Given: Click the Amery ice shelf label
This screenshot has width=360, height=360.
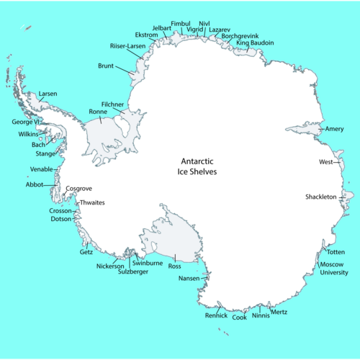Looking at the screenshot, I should pyautogui.click(x=335, y=130).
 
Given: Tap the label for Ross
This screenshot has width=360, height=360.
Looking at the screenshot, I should pyautogui.click(x=174, y=266).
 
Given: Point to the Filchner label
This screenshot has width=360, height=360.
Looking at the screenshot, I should pyautogui.click(x=113, y=104).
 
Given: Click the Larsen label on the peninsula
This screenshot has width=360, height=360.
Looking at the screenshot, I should pyautogui.click(x=48, y=94).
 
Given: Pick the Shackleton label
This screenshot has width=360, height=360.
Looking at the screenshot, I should pyautogui.click(x=321, y=197).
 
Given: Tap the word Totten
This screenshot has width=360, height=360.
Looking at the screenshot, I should pyautogui.click(x=336, y=253).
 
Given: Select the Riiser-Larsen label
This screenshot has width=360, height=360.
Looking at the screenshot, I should pyautogui.click(x=127, y=46).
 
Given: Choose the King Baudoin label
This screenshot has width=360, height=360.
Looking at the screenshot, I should pyautogui.click(x=255, y=42).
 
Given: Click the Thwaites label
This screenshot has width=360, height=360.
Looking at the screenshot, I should pyautogui.click(x=92, y=203).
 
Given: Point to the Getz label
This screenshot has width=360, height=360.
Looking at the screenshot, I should pyautogui.click(x=86, y=253).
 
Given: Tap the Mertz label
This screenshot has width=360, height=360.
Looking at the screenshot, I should pyautogui.click(x=279, y=312).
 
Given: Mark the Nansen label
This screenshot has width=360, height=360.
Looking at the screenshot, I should pyautogui.click(x=189, y=278).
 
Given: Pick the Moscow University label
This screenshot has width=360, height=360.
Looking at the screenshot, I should pyautogui.click(x=333, y=269).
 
